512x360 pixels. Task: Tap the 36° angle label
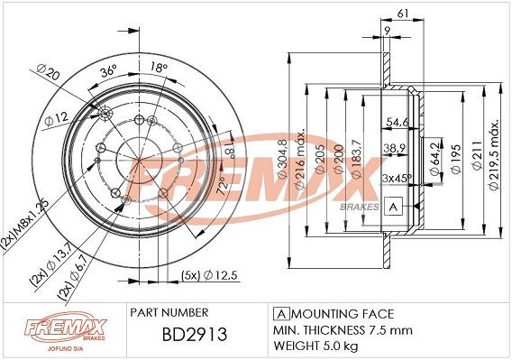107,71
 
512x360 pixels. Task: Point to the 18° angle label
158,68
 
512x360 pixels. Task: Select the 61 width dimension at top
404,11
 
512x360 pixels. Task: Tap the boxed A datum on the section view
392,206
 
